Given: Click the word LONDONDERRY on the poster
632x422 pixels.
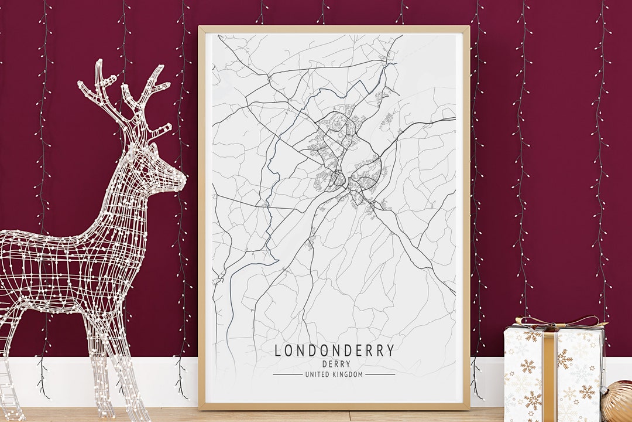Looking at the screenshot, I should (x=334, y=351).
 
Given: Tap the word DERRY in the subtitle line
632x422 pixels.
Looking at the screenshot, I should (x=334, y=364).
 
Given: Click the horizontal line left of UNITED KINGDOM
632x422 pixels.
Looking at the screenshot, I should (x=287, y=375).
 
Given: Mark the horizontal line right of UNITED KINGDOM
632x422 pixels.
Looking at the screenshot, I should (x=380, y=375).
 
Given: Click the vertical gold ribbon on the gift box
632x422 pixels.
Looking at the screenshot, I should (x=550, y=375).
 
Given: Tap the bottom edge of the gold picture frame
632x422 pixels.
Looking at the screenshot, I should (x=334, y=406).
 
